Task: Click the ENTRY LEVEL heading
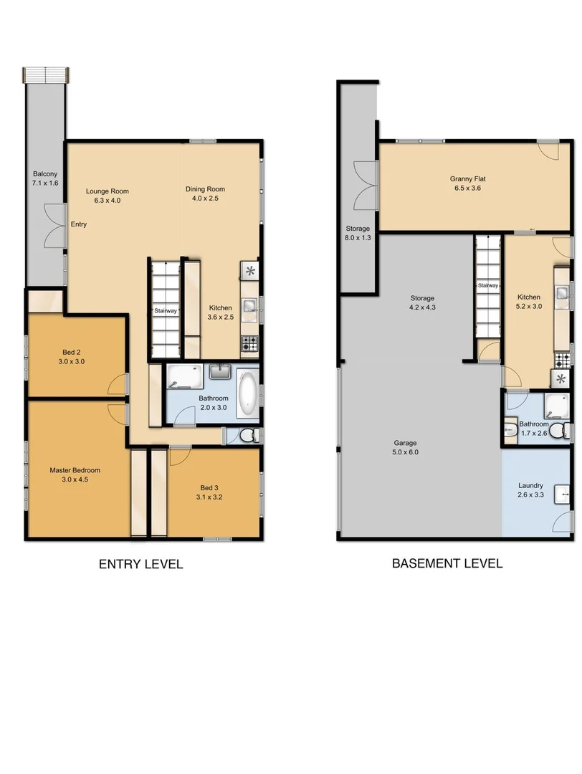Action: coord(140,564)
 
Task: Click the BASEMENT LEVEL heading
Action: coord(447,563)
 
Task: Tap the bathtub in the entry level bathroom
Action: coord(247,393)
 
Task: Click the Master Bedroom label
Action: coord(75,470)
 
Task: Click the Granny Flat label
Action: coord(463,178)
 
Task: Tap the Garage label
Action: coord(404,443)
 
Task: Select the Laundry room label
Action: coord(530,485)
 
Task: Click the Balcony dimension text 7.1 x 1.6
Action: coord(44,183)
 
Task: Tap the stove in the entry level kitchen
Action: coord(250,343)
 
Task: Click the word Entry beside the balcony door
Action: coord(78,224)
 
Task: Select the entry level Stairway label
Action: coord(166,311)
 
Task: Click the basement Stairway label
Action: coord(488,285)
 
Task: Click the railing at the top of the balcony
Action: coord(46,75)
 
